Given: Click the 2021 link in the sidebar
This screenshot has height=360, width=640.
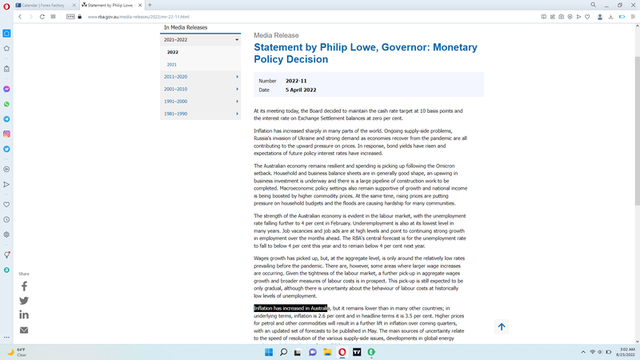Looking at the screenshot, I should click(x=172, y=64).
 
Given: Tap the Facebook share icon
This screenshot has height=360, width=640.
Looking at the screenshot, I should click(x=24, y=286).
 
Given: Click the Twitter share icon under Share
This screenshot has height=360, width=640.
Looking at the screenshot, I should click(x=24, y=301).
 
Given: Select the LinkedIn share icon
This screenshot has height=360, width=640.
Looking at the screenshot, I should click(x=24, y=315).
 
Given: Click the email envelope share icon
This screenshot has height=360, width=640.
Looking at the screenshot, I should click(x=24, y=330).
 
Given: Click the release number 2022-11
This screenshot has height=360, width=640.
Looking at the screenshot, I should click(x=297, y=81).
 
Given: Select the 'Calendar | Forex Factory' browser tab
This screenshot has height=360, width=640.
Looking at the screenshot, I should click(x=45, y=5).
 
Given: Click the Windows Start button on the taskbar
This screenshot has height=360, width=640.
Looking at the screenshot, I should click(x=269, y=352).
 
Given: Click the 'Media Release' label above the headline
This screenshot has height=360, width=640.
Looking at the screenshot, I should click(x=276, y=36).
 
